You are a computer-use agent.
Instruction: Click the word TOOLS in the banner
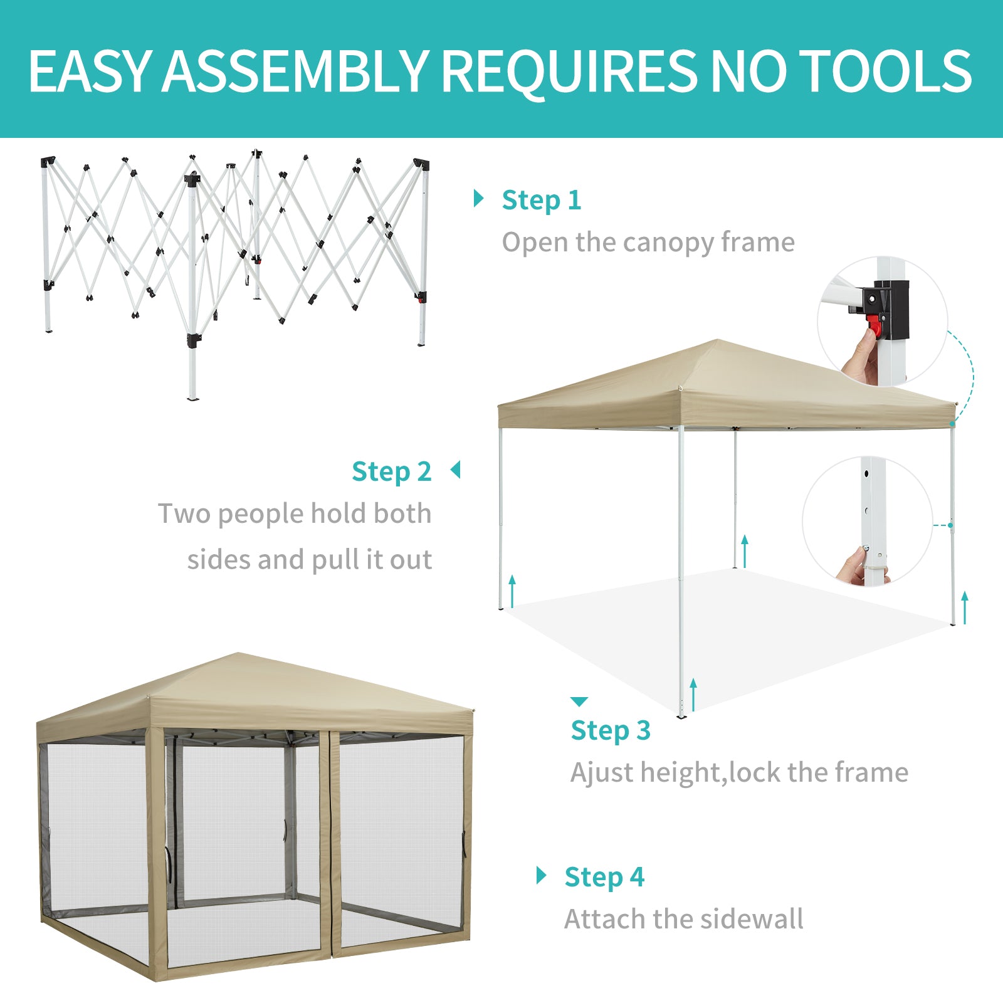click(886, 71)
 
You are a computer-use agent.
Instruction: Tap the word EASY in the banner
click(90, 71)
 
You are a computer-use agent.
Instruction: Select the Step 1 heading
click(542, 201)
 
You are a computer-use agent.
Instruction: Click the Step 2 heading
click(392, 471)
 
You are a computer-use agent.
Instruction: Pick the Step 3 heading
click(611, 731)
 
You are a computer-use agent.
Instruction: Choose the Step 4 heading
click(604, 877)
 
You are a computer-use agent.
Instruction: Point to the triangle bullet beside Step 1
click(479, 199)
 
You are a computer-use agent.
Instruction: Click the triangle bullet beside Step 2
click(456, 470)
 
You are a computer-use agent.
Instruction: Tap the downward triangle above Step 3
click(579, 701)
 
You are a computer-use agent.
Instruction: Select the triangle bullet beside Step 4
click(542, 875)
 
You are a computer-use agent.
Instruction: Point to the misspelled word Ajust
click(602, 773)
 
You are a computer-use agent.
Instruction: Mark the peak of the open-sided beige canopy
click(718, 340)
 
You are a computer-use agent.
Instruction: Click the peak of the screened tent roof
click(238, 654)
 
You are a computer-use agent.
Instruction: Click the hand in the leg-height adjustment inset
click(858, 566)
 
